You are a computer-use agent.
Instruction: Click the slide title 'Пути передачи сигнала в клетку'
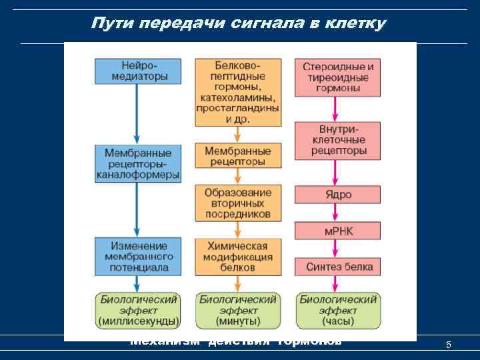pyautogui.click(x=238, y=23)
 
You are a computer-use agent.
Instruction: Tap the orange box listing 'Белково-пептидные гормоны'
pyautogui.click(x=237, y=92)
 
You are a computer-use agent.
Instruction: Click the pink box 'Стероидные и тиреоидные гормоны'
pyautogui.click(x=338, y=77)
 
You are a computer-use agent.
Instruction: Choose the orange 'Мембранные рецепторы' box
pyautogui.click(x=237, y=156)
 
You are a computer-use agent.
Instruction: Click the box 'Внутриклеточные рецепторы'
pyautogui.click(x=338, y=140)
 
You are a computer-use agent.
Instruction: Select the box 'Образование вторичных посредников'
pyautogui.click(x=237, y=203)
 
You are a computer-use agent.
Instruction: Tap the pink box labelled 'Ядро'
pyautogui.click(x=338, y=195)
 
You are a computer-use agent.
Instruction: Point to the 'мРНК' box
pyautogui.click(x=338, y=231)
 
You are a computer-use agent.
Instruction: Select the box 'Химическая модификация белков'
pyautogui.click(x=237, y=256)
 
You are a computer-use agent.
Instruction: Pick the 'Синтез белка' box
pyautogui.click(x=338, y=267)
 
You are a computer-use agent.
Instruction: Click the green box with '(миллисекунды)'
pyautogui.click(x=137, y=310)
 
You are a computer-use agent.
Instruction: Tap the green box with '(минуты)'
pyautogui.click(x=237, y=310)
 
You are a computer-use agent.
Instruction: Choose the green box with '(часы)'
pyautogui.click(x=338, y=310)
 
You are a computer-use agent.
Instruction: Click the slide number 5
pyautogui.click(x=449, y=345)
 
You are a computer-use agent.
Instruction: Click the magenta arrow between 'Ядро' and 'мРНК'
pyautogui.click(x=338, y=213)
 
